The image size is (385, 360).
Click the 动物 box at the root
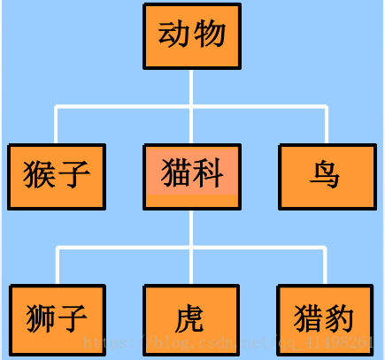tap(191, 35)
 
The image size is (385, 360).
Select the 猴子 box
tap(57, 175)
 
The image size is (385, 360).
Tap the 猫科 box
tap(191, 175)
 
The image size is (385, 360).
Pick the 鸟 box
tap(325, 175)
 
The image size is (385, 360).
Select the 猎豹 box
tap(325, 318)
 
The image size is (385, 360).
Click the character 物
tap(210, 35)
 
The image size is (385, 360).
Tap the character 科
tap(209, 172)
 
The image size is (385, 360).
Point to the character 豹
tap(340, 317)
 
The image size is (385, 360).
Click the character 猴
tap(41, 173)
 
